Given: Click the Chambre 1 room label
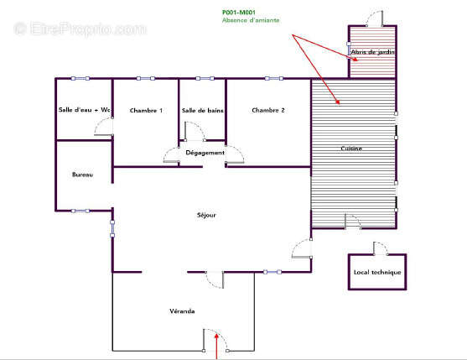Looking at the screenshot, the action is pyautogui.click(x=146, y=111).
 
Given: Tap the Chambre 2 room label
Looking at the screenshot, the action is pyautogui.click(x=268, y=110).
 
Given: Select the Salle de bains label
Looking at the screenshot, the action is pyautogui.click(x=203, y=111).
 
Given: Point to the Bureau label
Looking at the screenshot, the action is pyautogui.click(x=82, y=175).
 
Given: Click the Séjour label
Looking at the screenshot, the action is pyautogui.click(x=206, y=215).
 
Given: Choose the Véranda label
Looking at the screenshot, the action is pyautogui.click(x=182, y=311).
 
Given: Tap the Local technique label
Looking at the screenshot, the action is pyautogui.click(x=377, y=272).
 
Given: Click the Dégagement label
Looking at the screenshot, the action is pyautogui.click(x=205, y=153).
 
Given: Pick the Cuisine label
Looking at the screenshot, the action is pyautogui.click(x=351, y=149).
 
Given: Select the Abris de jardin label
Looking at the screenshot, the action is pyautogui.click(x=372, y=52).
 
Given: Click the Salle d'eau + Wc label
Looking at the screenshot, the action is pyautogui.click(x=85, y=110).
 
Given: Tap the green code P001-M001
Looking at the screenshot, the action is pyautogui.click(x=239, y=13).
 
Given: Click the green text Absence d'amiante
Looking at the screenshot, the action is pyautogui.click(x=251, y=20).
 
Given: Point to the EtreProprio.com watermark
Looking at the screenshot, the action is pyautogui.click(x=80, y=29).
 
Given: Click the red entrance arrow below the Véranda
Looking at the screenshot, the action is pyautogui.click(x=216, y=347).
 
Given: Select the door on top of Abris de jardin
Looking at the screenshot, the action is pyautogui.click(x=375, y=18).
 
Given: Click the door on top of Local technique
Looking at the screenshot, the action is pyautogui.click(x=381, y=248).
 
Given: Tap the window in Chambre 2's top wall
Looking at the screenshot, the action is pyautogui.click(x=274, y=79).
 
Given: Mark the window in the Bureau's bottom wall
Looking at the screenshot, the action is pyautogui.click(x=80, y=211).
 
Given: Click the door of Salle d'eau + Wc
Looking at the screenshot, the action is pyautogui.click(x=104, y=127).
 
